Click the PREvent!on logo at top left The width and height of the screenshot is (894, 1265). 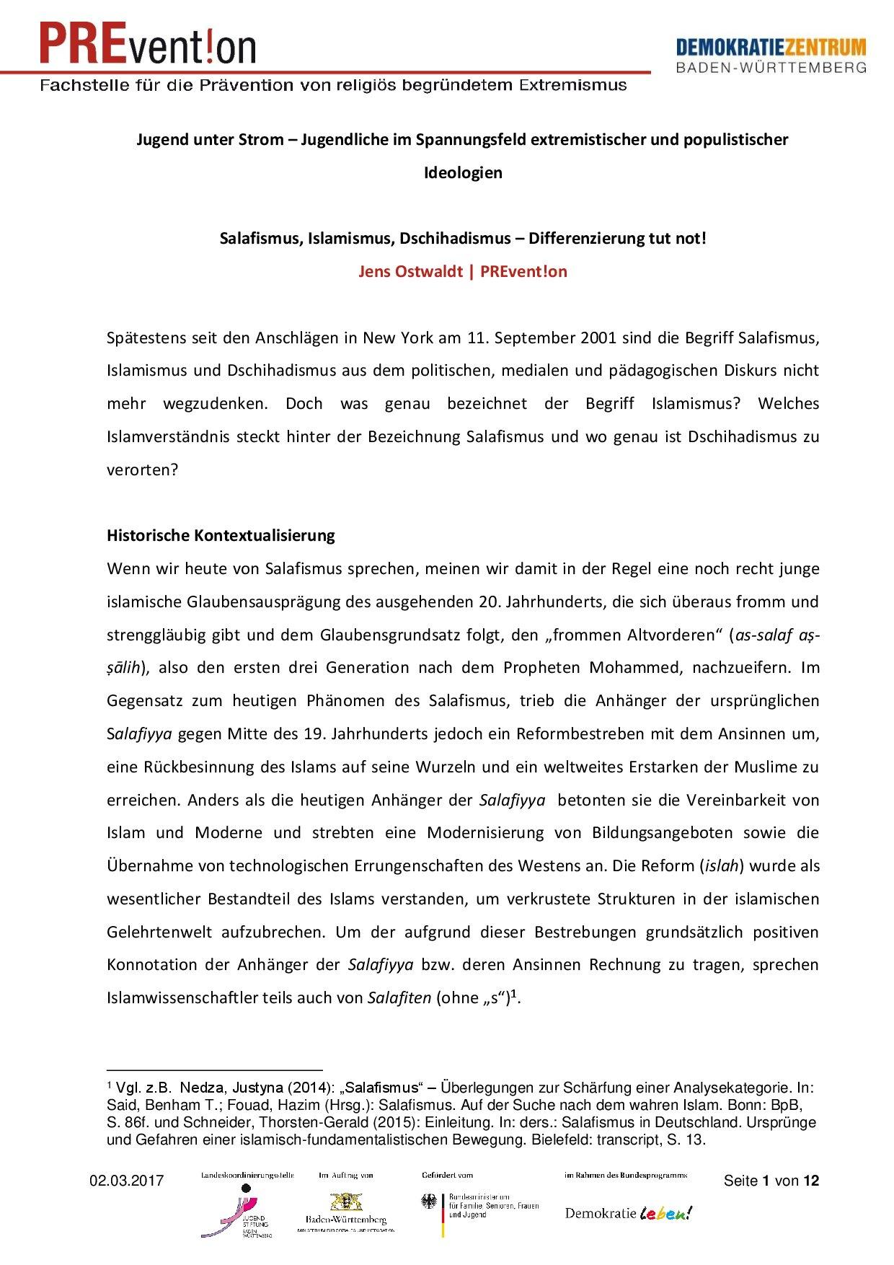148,43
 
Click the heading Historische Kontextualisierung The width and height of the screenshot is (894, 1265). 221,535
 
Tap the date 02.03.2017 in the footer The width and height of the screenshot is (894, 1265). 126,1181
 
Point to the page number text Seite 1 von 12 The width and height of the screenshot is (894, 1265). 771,1181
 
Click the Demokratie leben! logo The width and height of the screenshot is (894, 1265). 628,1213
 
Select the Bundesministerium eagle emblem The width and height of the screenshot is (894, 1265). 430,1201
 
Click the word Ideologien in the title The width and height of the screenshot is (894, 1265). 462,173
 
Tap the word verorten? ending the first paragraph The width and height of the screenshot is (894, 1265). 142,470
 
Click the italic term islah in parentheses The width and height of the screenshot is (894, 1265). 722,865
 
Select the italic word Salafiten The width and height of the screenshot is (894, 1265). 399,998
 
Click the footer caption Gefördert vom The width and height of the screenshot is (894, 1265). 447,1175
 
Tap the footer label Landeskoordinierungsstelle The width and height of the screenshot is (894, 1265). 247,1175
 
